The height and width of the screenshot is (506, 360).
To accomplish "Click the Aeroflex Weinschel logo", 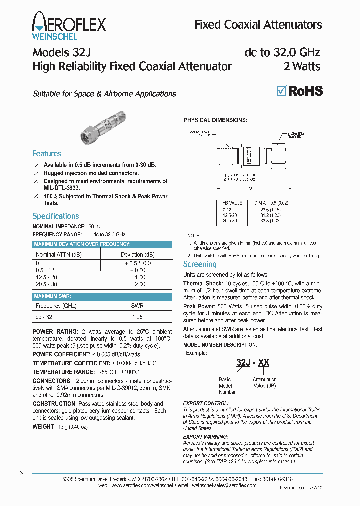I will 69,25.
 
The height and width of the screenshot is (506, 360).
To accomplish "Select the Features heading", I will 47,154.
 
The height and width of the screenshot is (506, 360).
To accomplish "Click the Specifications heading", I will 55,216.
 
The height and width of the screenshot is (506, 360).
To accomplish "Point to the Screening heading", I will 200,264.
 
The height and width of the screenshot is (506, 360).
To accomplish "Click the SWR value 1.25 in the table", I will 137,317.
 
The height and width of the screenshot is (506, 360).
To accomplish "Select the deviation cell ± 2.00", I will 137,284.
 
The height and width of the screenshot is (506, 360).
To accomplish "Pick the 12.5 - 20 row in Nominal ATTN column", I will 47,277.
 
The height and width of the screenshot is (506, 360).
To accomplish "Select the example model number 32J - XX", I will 252,363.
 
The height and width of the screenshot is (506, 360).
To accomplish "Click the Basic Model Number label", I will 227,386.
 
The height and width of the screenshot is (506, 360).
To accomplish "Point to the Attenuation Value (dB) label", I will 264,383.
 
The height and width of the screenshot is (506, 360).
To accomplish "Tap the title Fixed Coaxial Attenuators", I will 258,24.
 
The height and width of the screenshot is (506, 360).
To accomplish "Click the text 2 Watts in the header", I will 302,66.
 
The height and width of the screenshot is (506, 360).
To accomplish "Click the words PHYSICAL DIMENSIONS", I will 215,120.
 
